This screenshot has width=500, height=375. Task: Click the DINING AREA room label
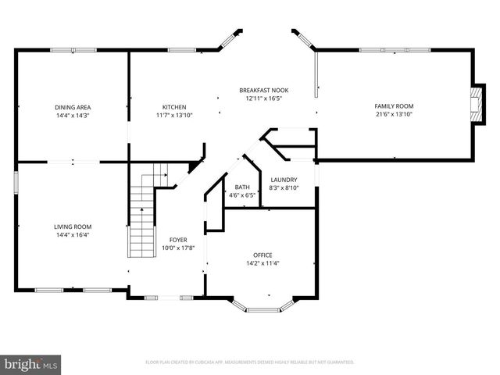point(73,107)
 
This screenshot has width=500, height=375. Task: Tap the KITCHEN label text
point(173,107)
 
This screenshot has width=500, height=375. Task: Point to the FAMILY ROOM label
point(394,106)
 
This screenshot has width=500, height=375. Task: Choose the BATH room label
point(242,187)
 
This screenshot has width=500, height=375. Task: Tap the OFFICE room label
point(262,255)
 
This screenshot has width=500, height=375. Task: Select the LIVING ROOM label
point(73,227)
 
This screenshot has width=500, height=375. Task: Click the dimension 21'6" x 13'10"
point(394,115)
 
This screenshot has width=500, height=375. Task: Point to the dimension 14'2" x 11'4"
point(262,264)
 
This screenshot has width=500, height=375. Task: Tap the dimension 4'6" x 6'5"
point(242,195)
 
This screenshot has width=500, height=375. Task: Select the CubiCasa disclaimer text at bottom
point(250,362)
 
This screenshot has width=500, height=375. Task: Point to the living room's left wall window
point(16,181)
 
